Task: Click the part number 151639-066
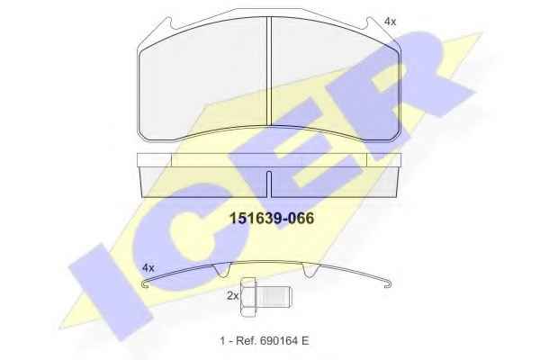tap(272, 219)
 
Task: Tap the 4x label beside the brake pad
tap(390, 22)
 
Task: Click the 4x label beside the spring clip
tap(148, 267)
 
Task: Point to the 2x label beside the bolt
tap(233, 295)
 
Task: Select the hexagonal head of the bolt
tap(248, 297)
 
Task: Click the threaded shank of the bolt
tap(274, 297)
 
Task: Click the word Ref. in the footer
tap(246, 341)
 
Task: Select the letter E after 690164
tap(305, 341)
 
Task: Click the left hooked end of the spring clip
tap(146, 284)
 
